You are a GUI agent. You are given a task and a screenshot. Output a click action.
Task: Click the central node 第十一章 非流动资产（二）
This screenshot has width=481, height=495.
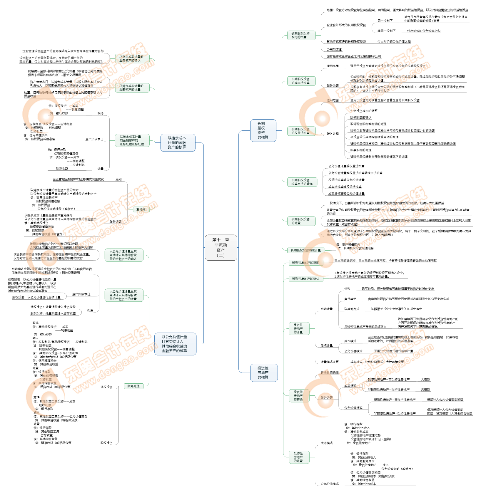[221, 247]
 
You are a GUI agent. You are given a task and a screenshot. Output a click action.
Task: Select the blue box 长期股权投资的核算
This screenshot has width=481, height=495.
[263, 130]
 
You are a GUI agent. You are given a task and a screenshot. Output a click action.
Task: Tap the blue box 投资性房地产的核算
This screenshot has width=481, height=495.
[263, 372]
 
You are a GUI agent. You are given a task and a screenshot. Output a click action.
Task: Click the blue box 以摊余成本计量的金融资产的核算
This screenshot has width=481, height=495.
[178, 142]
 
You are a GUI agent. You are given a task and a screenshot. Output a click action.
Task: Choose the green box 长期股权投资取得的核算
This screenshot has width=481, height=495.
[301, 35]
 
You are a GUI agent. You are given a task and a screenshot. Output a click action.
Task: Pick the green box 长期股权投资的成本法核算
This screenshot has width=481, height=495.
[301, 81]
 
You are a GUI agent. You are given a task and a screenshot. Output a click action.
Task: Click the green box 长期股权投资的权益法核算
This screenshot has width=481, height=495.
[301, 131]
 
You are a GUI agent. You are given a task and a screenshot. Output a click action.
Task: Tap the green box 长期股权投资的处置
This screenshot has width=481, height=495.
[301, 221]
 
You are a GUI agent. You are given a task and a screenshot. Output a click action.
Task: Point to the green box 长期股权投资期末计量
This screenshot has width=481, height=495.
[306, 250]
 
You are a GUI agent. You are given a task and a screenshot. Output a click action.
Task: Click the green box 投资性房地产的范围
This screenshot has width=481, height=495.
[305, 263]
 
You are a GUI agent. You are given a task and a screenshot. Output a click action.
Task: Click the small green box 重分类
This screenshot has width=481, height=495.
[141, 209]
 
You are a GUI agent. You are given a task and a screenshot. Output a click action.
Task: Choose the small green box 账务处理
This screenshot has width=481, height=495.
[133, 386]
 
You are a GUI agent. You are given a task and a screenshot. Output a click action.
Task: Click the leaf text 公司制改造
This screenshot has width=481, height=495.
[334, 49]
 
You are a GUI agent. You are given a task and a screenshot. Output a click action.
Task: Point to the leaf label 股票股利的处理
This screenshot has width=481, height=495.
[360, 150]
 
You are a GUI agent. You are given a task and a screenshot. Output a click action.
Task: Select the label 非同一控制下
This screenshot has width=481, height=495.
[386, 31]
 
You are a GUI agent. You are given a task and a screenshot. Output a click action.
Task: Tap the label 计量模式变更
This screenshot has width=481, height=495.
[329, 362]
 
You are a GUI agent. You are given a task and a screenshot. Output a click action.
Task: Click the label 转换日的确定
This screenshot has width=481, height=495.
[329, 372]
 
